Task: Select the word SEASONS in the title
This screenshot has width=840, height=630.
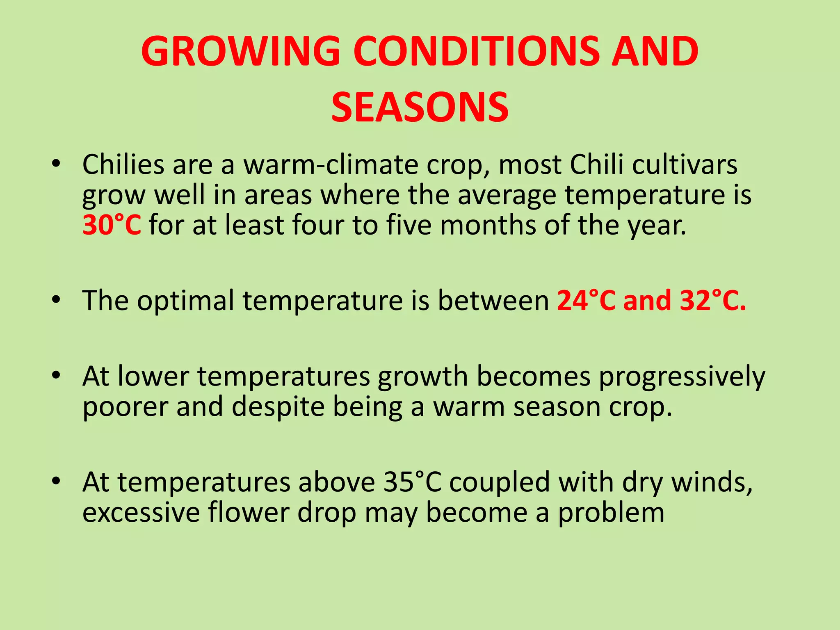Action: (420, 107)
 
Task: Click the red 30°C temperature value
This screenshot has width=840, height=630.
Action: (112, 225)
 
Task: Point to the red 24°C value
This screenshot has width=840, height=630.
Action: (586, 301)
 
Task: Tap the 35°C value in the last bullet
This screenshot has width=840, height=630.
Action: (413, 482)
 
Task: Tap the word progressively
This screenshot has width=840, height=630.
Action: (682, 377)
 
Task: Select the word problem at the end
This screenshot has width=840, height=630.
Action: (611, 513)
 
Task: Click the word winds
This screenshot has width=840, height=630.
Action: (712, 482)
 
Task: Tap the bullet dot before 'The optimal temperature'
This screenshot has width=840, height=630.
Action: (56, 299)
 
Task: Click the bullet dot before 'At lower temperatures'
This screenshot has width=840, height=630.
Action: (56, 375)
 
